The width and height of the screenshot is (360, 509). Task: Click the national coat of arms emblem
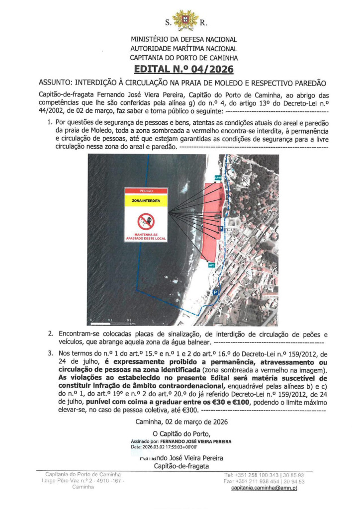184,20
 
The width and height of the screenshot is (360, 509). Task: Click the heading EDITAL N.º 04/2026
184,69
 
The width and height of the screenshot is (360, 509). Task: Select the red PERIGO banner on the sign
146,191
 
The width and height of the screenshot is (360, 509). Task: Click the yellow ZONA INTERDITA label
146,201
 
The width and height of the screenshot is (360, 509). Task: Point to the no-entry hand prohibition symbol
146,221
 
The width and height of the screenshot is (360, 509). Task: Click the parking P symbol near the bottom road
215,293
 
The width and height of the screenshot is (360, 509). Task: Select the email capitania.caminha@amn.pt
264,488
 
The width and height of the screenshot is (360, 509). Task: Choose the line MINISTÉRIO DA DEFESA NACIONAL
184,39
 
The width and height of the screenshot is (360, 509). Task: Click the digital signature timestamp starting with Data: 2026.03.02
164,447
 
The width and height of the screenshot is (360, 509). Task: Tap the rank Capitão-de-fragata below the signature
181,466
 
